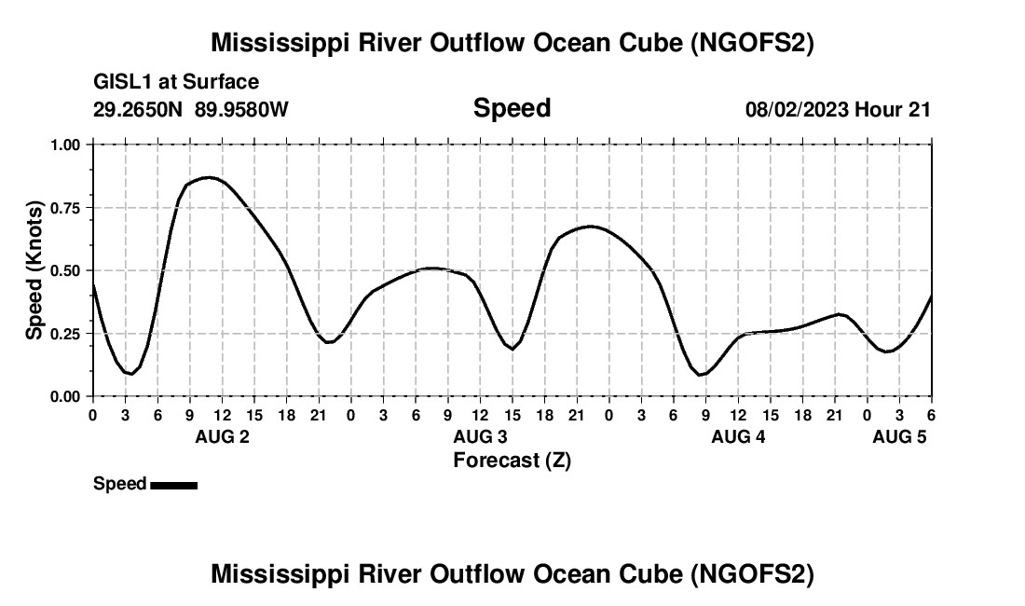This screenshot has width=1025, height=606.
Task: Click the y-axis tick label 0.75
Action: pyautogui.click(x=64, y=208)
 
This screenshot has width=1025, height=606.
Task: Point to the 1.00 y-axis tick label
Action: pyautogui.click(x=64, y=145)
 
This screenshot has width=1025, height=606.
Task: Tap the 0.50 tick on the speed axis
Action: pyautogui.click(x=64, y=270)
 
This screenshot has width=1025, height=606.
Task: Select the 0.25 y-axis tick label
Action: pyautogui.click(x=64, y=334)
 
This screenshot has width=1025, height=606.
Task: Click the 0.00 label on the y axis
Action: pyautogui.click(x=64, y=396)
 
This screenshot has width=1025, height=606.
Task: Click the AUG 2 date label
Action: pyautogui.click(x=221, y=436)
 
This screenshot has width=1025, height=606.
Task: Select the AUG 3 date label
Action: pyautogui.click(x=480, y=436)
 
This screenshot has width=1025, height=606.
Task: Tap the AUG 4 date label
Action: pyautogui.click(x=738, y=436)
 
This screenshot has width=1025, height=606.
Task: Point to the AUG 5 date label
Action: pyautogui.click(x=899, y=436)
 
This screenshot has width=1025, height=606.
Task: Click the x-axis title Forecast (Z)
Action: pyautogui.click(x=512, y=460)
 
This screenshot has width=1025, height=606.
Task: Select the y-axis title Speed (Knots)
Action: pyautogui.click(x=34, y=270)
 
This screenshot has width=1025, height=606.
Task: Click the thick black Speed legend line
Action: pyautogui.click(x=173, y=485)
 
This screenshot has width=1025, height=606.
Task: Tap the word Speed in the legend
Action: pyautogui.click(x=119, y=484)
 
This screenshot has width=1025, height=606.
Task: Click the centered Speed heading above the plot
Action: pyautogui.click(x=512, y=108)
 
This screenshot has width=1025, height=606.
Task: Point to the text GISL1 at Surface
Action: pyautogui.click(x=176, y=83)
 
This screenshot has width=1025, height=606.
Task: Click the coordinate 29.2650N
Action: pyautogui.click(x=139, y=109)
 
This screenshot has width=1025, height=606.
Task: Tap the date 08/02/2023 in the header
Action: pyautogui.click(x=798, y=109)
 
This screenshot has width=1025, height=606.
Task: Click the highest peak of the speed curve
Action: pyautogui.click(x=208, y=176)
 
